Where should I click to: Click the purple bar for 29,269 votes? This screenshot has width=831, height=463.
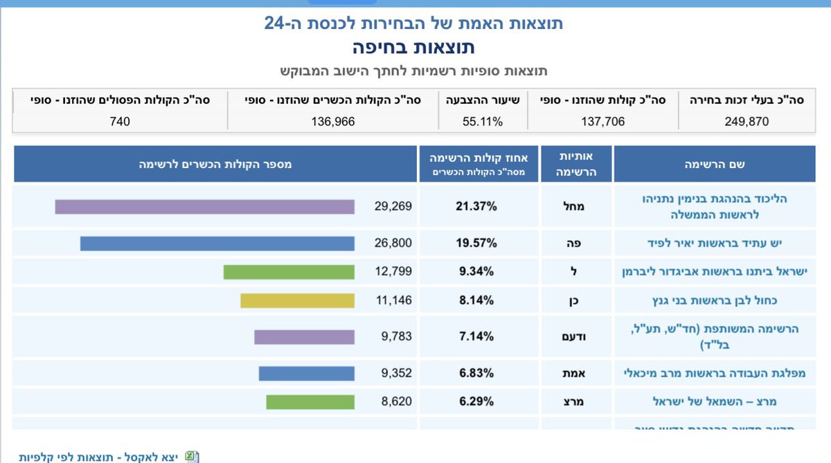(x=204, y=206)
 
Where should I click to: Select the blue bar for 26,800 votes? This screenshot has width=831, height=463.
(x=217, y=243)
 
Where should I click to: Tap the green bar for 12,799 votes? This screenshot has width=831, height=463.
(x=289, y=271)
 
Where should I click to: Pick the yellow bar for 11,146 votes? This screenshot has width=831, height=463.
(x=297, y=300)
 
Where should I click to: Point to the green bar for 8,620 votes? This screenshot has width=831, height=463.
(x=310, y=401)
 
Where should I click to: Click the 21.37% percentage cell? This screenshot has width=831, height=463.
(x=478, y=206)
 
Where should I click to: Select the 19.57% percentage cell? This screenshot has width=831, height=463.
(x=478, y=243)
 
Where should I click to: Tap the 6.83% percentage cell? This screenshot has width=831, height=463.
(x=478, y=373)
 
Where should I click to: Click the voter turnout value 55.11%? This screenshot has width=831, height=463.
(x=482, y=121)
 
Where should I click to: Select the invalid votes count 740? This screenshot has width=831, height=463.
(x=120, y=121)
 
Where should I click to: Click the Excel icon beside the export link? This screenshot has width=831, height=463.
(x=192, y=457)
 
